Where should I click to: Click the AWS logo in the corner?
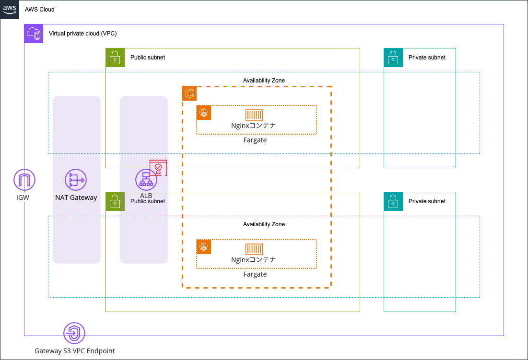tap(10, 9)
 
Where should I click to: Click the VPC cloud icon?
tap(34, 34)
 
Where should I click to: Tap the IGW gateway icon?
tap(24, 180)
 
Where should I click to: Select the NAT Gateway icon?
tap(76, 180)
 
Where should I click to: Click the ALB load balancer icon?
tap(146, 180)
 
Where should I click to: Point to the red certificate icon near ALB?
tap(158, 168)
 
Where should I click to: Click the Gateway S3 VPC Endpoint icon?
tap(74, 333)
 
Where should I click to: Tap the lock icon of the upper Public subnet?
tap(115, 58)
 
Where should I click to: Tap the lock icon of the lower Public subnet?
tap(115, 201)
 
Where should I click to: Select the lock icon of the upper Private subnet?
tap(393, 58)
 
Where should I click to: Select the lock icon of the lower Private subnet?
tap(393, 201)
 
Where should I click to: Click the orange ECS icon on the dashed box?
tap(189, 93)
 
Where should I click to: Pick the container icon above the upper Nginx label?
tap(254, 115)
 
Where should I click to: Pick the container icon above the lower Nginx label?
tap(254, 249)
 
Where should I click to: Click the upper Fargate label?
tap(255, 140)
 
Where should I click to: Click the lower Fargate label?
tap(255, 275)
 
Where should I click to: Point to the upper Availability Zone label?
tap(264, 81)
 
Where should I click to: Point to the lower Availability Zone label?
tap(264, 224)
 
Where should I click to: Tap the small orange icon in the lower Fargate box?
tap(204, 247)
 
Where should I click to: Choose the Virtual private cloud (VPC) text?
tap(82, 34)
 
